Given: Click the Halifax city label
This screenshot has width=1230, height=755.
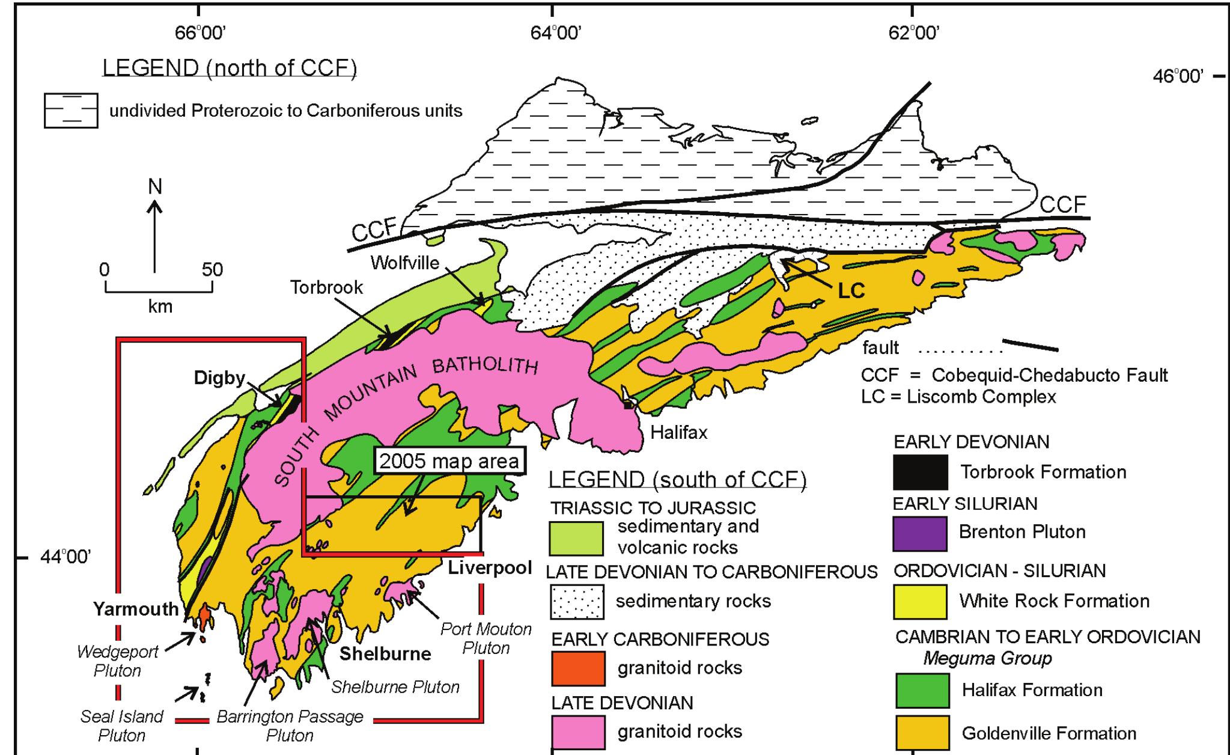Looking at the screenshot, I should click(679, 432).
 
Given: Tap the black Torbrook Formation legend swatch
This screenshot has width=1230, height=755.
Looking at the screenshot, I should click(920, 472).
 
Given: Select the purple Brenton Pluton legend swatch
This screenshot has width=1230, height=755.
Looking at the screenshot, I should click(920, 533).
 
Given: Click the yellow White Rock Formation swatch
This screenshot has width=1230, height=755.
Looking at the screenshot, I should click(920, 601).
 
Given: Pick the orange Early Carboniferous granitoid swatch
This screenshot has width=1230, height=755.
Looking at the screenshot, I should click(578, 668).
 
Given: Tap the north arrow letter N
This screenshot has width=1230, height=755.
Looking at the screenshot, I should click(155, 187).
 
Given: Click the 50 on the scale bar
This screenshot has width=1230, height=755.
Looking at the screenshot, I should click(212, 269).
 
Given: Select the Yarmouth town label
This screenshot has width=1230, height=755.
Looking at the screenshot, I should click(136, 609).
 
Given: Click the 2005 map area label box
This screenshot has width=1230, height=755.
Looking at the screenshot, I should click(449, 461).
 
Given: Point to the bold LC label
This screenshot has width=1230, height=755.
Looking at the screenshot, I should click(851, 291).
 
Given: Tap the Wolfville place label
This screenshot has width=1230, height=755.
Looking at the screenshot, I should click(405, 263).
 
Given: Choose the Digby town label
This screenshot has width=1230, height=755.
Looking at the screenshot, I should click(219, 377).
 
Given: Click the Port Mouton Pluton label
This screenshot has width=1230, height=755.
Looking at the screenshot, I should click(486, 638).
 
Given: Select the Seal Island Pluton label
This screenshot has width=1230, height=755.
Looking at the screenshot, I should click(122, 726).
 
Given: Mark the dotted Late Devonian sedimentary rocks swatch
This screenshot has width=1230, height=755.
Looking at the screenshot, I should click(577, 602).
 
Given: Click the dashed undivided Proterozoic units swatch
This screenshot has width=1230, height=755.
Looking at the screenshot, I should click(71, 111).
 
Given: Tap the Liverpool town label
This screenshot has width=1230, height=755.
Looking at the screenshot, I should click(490, 567).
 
